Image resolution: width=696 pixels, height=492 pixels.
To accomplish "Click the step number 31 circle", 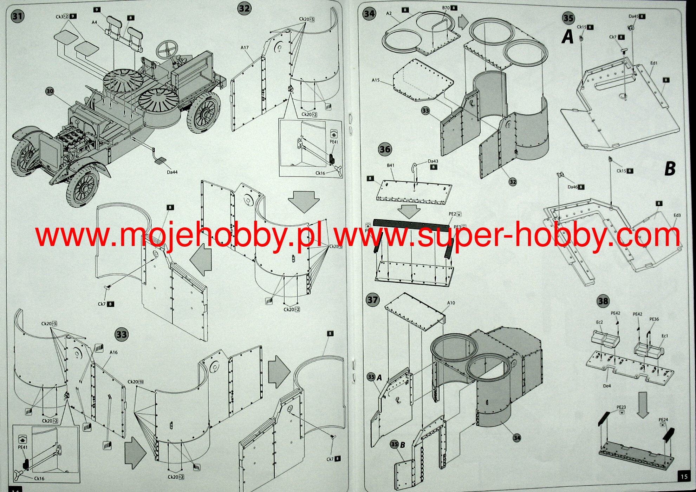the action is tap(17, 16).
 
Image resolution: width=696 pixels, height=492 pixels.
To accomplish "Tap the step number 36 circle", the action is tap(385, 149).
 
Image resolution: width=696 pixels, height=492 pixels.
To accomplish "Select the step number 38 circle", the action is tap(603, 301).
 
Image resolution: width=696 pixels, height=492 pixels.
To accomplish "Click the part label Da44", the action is tap(172, 172).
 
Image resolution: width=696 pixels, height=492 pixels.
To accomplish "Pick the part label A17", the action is tap(245, 47).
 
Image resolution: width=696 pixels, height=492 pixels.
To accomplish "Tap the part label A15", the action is tap(376, 80).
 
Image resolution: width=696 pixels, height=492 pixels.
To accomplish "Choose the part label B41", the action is tap(390, 165).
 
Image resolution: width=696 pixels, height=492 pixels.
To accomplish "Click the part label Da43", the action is tap(433, 161).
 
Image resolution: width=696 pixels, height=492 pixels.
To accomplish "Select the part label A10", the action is tap(451, 303).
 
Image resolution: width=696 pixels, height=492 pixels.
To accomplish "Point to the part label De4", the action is tap(607, 386).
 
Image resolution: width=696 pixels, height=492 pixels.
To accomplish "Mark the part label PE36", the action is tap(654, 319).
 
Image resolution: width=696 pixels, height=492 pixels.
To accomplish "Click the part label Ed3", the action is tap(677, 215).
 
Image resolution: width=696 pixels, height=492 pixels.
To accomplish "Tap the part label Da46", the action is tap(572, 187).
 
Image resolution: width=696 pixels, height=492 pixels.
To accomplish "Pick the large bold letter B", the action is tap(670, 168).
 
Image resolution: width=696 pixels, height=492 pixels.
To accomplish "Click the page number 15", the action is tap(684, 477).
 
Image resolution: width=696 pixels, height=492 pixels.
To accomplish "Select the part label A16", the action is tap(113, 352).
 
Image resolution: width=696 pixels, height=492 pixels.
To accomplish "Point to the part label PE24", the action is tap(663, 420).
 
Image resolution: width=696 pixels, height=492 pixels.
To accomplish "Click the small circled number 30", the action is tap(50, 91).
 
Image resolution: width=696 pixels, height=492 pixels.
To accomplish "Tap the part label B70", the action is tap(446, 8).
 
